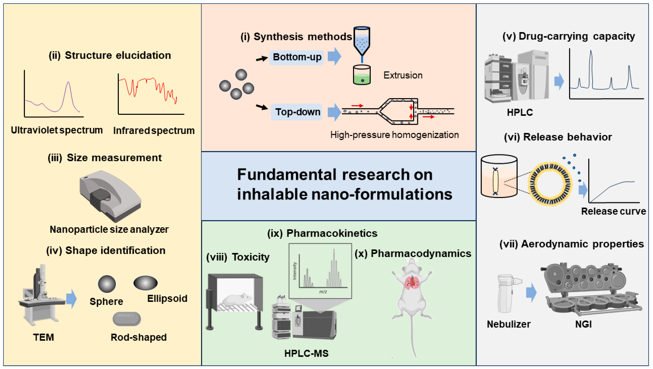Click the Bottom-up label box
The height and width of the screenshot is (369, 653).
pyautogui.click(x=296, y=57)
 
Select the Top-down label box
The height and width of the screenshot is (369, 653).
pyautogui.click(x=296, y=112)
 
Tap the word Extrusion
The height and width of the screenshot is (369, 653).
pyautogui.click(x=403, y=75)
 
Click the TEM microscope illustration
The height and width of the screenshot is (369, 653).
pyautogui.click(x=41, y=297)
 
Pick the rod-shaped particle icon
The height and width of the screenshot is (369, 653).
pyautogui.click(x=127, y=319)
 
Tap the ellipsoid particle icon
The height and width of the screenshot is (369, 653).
pyautogui.click(x=145, y=283)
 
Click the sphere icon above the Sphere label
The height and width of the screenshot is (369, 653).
pyautogui.click(x=107, y=284)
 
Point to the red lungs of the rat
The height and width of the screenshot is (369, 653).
pyautogui.click(x=412, y=283)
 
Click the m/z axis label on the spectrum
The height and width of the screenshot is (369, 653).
pyautogui.click(x=323, y=292)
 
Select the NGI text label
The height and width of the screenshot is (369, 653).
pyautogui.click(x=583, y=324)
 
